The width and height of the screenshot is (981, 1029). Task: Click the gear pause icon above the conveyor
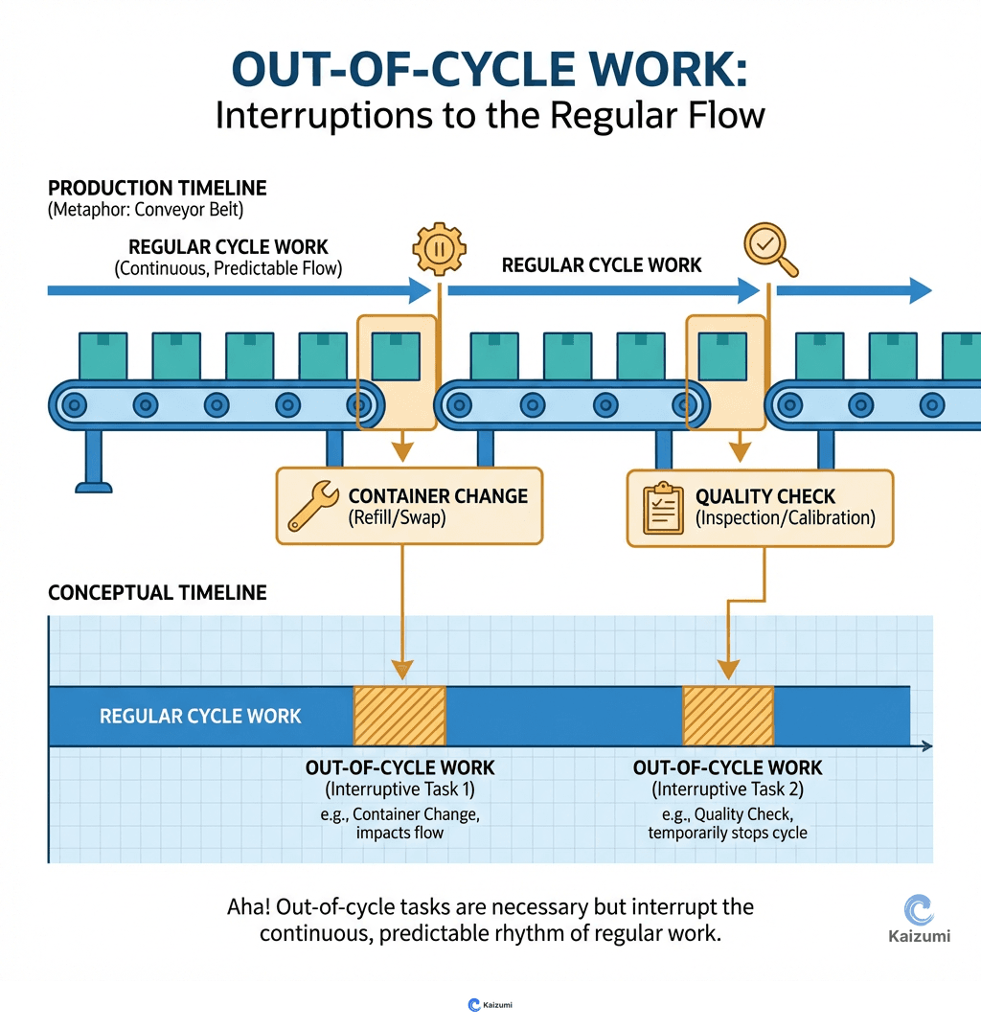(x=439, y=249)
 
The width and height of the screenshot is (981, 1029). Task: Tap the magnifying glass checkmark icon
(x=768, y=248)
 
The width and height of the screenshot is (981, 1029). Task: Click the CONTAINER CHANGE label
(x=438, y=496)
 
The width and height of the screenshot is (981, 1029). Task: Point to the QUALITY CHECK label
(x=765, y=496)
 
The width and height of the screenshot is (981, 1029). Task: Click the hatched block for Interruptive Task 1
(x=399, y=716)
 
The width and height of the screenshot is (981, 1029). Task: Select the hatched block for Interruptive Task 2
(x=727, y=716)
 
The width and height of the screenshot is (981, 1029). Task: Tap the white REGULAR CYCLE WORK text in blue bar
(x=200, y=716)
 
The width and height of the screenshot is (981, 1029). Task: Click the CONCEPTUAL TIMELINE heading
(x=157, y=593)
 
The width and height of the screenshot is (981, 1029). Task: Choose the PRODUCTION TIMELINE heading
(x=157, y=188)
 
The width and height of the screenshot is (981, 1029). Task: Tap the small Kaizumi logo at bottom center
(x=490, y=1005)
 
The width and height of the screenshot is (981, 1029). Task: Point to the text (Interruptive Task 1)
(x=399, y=789)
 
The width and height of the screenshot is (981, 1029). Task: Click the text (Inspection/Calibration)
(x=786, y=518)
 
